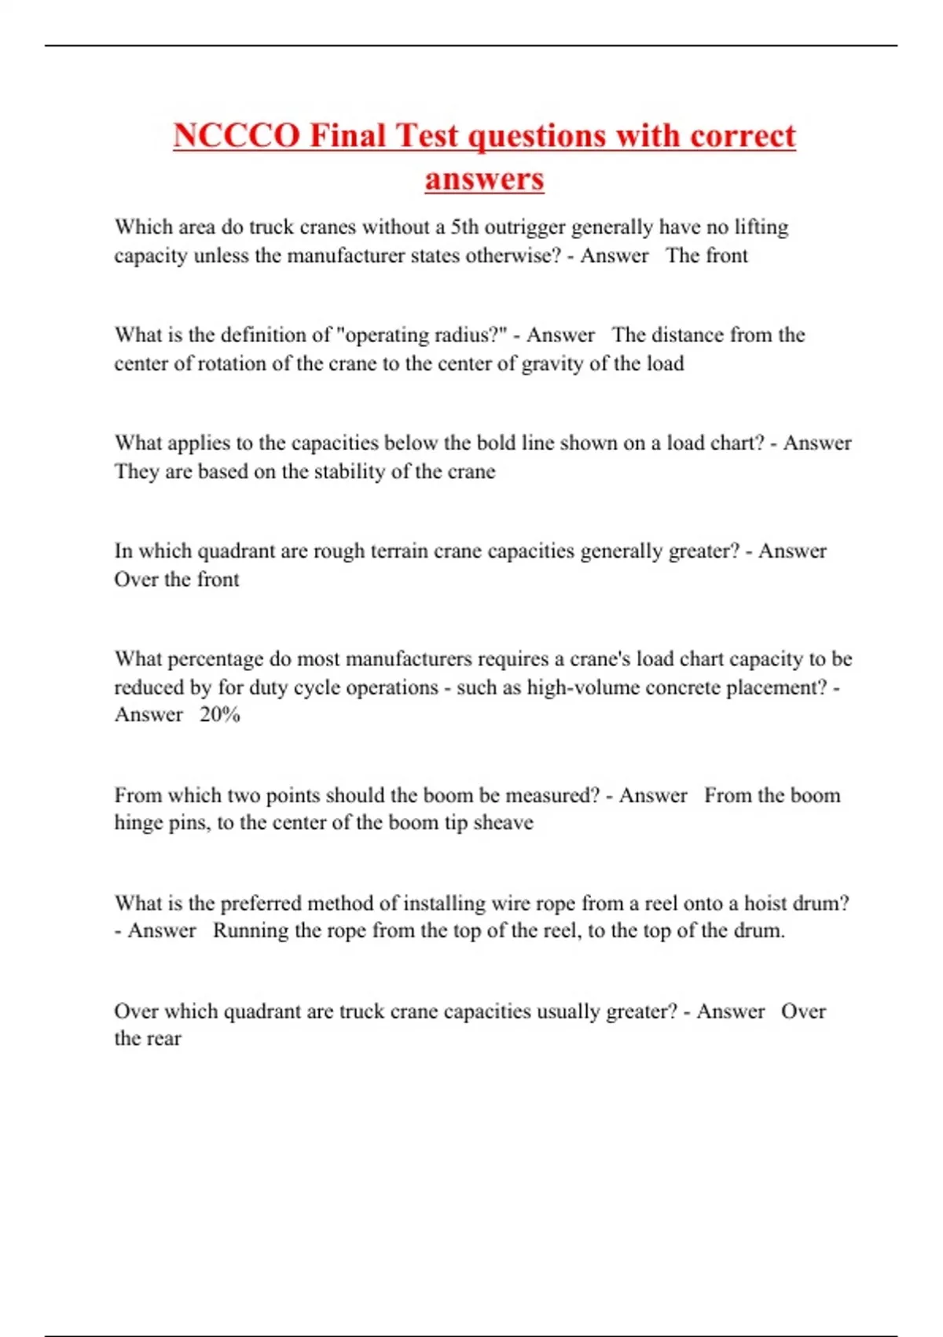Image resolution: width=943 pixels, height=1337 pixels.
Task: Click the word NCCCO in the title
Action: [237, 135]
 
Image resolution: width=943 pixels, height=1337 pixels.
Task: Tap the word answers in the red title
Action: [484, 179]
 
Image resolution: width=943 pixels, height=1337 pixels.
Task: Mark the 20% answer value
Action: [219, 714]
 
